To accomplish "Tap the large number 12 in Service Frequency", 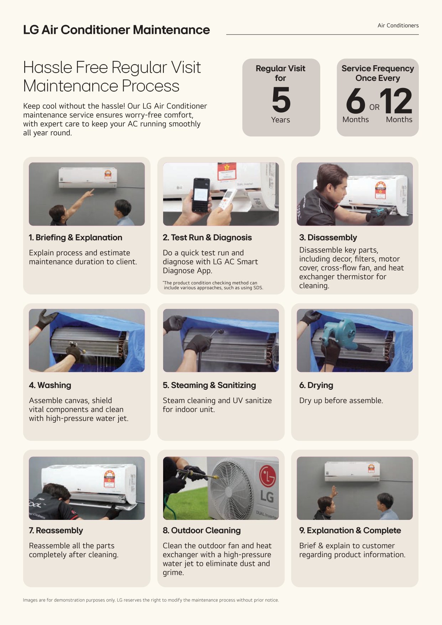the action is click(396, 100).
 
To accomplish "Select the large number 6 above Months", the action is click(356, 100).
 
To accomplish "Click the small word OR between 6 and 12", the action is click(374, 107).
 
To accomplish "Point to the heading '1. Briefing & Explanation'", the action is click(76, 237).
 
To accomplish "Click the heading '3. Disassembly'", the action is click(328, 238).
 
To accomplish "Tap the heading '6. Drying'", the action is click(316, 385).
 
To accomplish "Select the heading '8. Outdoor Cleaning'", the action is click(202, 531).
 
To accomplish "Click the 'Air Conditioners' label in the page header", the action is click(398, 26).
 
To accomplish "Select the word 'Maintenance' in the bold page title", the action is click(171, 30).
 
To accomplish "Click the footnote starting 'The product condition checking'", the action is click(213, 285).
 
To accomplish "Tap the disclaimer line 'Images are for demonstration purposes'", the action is click(151, 600).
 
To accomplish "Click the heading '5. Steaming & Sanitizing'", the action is click(209, 385).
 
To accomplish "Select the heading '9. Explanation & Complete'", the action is click(350, 531).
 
